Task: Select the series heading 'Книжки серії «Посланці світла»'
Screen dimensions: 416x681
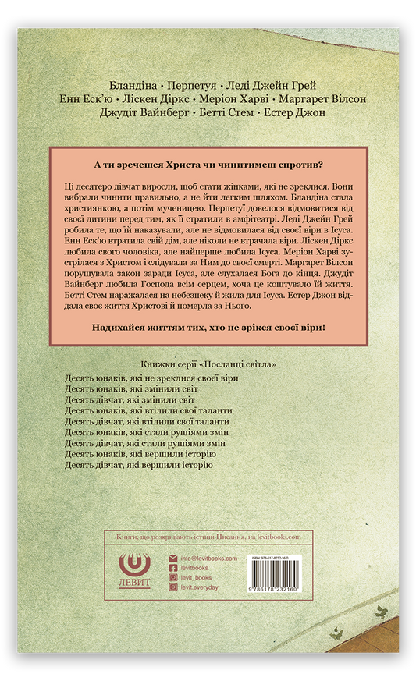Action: click(x=208, y=364)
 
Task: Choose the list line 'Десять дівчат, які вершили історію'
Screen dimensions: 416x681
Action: click(x=138, y=465)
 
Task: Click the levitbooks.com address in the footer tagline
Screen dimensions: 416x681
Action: click(x=278, y=537)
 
